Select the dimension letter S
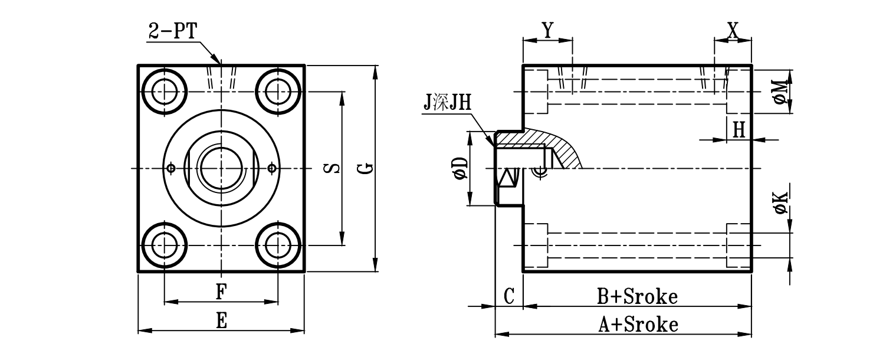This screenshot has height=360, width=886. [333, 169]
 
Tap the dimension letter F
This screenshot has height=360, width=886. [221, 292]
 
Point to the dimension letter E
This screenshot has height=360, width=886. [221, 321]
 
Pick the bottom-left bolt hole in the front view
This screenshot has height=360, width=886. [163, 244]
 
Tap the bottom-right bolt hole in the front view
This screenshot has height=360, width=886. [277, 244]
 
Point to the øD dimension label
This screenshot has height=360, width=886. [460, 168]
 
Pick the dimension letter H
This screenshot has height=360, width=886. [739, 129]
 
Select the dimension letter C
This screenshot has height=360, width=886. [510, 296]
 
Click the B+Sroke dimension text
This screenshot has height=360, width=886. [638, 296]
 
